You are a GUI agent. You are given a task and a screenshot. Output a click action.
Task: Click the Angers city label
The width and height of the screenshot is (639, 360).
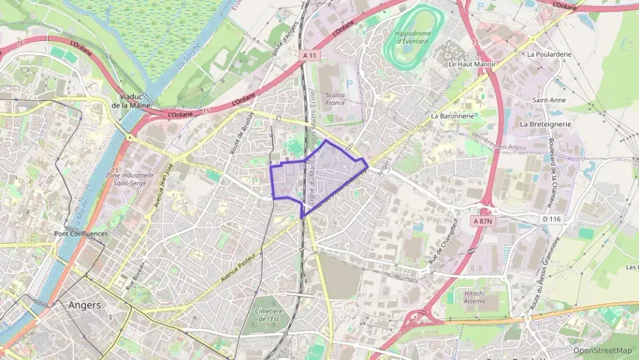click(85, 305)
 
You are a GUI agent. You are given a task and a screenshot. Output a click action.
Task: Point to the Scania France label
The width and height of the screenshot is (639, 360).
click(335, 98)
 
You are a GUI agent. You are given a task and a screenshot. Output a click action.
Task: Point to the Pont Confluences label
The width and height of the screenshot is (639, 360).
click(81, 234)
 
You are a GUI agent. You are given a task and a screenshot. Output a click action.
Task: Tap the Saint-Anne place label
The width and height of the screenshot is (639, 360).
click(549, 100)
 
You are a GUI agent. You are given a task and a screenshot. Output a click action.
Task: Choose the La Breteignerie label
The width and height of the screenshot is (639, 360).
click(545, 124)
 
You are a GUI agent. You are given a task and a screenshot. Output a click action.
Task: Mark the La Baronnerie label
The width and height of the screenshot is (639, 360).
click(453, 116)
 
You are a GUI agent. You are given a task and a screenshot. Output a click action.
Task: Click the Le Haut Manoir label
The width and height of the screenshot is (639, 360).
click(472, 64)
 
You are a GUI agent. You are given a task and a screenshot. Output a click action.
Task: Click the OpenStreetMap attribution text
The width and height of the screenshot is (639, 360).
click(602, 350)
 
